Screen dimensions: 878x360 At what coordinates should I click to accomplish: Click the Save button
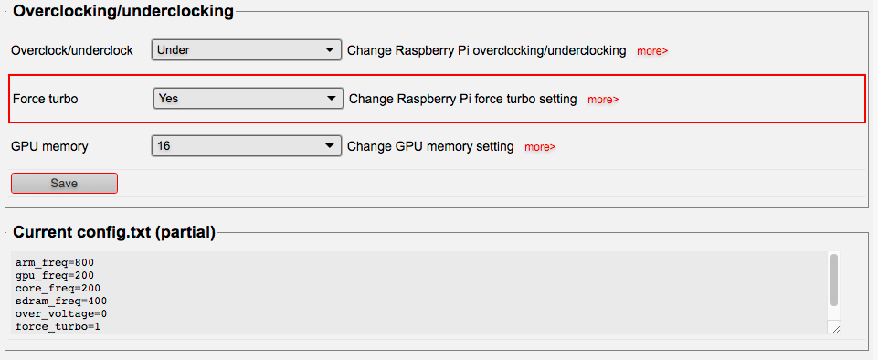(x=64, y=183)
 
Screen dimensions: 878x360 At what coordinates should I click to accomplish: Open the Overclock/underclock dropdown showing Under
(x=247, y=50)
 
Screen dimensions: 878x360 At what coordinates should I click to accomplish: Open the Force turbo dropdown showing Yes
(x=249, y=99)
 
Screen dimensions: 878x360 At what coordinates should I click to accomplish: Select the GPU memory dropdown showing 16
(x=247, y=146)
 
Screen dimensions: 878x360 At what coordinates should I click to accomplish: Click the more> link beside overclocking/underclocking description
(x=652, y=51)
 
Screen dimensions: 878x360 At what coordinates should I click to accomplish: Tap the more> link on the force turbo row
(x=603, y=100)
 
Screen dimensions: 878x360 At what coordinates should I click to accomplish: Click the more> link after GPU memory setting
(x=540, y=147)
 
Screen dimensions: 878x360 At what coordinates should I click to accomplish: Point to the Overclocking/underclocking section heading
(x=123, y=11)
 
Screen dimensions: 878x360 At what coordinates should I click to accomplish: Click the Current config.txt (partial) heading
(x=114, y=232)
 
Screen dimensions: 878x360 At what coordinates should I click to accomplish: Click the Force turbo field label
(x=46, y=99)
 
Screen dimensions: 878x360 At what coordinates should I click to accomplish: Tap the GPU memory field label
(x=50, y=147)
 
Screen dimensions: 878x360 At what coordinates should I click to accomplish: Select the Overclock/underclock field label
(x=72, y=50)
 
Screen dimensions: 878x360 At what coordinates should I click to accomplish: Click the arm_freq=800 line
(x=55, y=262)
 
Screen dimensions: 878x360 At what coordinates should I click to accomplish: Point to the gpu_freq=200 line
(x=55, y=275)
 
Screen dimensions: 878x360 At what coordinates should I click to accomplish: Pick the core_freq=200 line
(x=58, y=289)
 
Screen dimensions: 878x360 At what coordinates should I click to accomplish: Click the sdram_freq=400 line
(x=61, y=302)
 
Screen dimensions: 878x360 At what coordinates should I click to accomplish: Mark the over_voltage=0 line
(x=61, y=314)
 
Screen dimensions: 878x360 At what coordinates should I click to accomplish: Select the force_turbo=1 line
(x=58, y=326)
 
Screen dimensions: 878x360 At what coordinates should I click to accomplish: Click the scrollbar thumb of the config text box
(x=834, y=280)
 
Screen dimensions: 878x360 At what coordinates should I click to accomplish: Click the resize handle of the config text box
(x=836, y=330)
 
